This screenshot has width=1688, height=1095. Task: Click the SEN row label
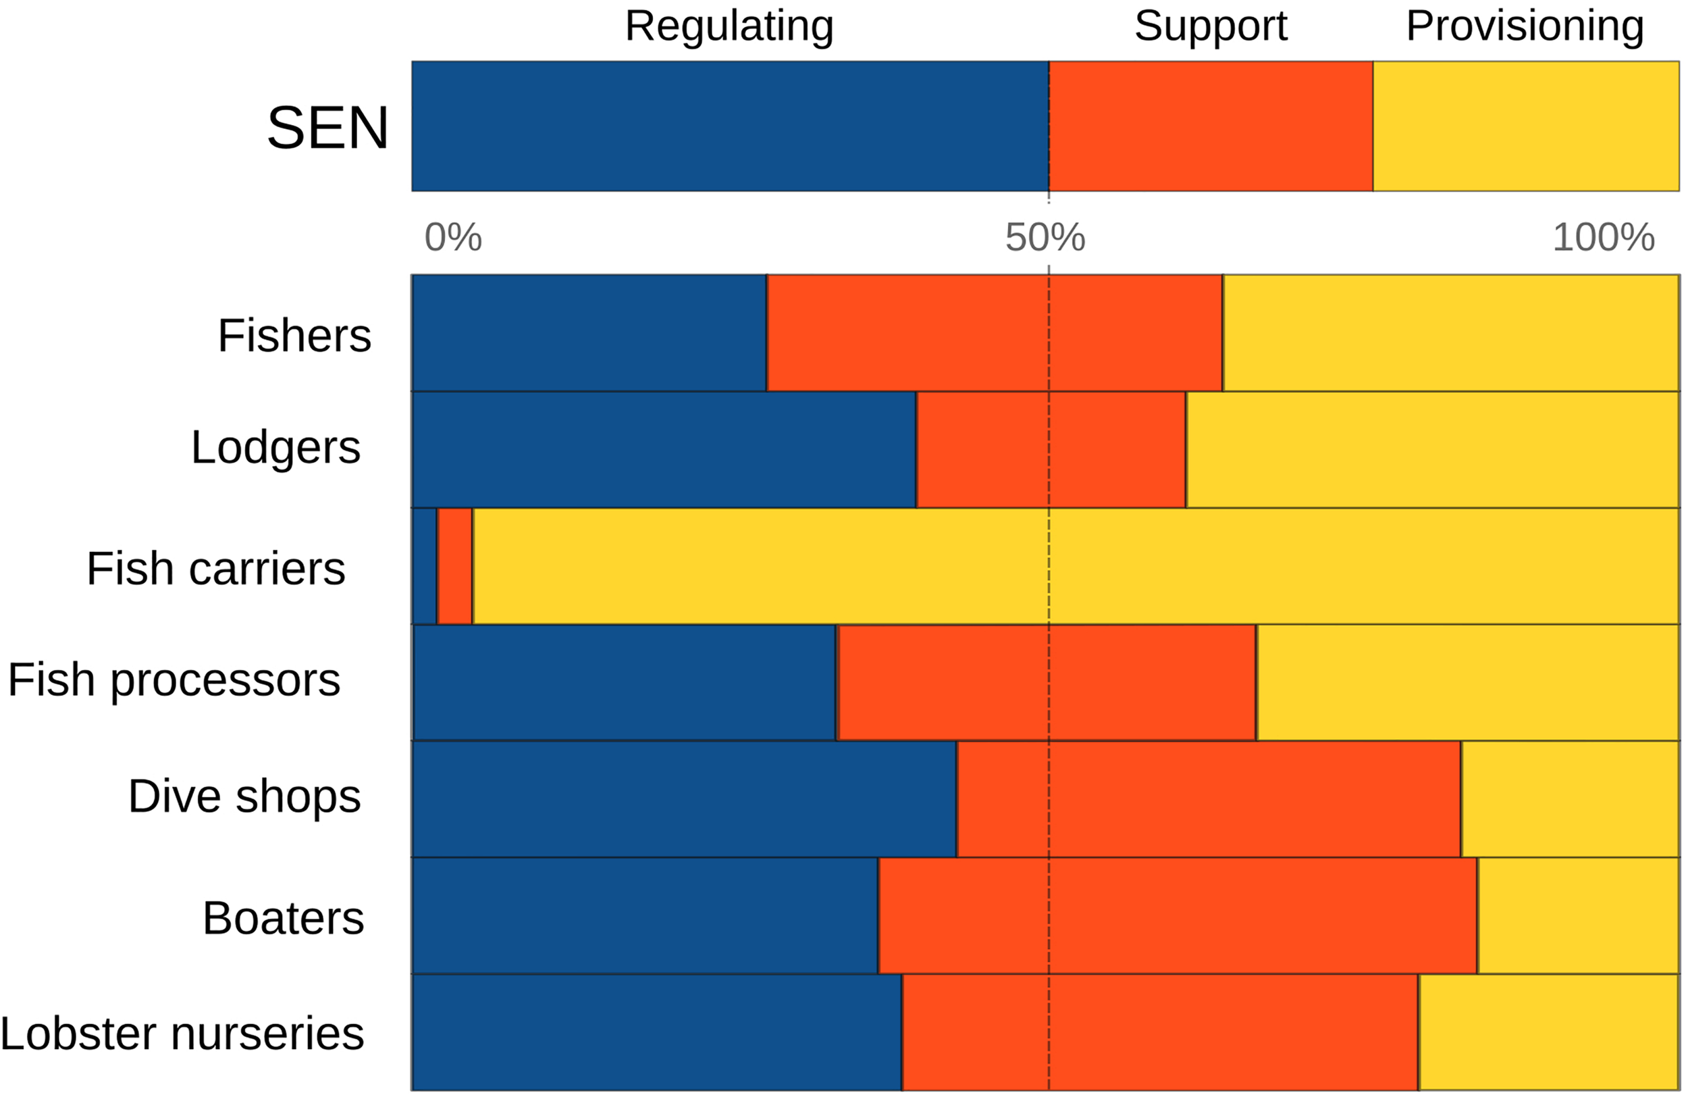pos(327,128)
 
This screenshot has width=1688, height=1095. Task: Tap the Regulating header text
pos(729,26)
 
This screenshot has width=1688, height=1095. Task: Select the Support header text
pos(1210,26)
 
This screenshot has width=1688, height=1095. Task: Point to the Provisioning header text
pos(1524,26)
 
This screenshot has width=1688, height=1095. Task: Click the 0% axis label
pos(452,237)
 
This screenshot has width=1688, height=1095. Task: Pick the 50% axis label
pos(1045,237)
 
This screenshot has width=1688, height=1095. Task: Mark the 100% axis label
pos(1603,237)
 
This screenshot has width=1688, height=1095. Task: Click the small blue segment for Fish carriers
pos(424,566)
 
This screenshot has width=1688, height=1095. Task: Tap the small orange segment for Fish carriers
pos(454,566)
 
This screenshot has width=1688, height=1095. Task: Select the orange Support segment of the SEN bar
pos(1210,126)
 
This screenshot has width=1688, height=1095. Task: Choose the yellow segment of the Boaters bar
pos(1578,915)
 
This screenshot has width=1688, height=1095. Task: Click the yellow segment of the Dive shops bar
pos(1570,799)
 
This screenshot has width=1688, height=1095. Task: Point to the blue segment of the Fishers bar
pos(589,333)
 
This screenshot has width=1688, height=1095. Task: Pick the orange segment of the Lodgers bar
pos(1051,449)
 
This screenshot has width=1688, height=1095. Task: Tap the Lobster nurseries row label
pos(182,1034)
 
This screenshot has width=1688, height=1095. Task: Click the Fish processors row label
pos(174,680)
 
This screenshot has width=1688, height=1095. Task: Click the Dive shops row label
pos(244,796)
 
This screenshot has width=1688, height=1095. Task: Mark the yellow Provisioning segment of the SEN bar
pos(1525,126)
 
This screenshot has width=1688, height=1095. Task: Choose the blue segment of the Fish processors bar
pos(624,682)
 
